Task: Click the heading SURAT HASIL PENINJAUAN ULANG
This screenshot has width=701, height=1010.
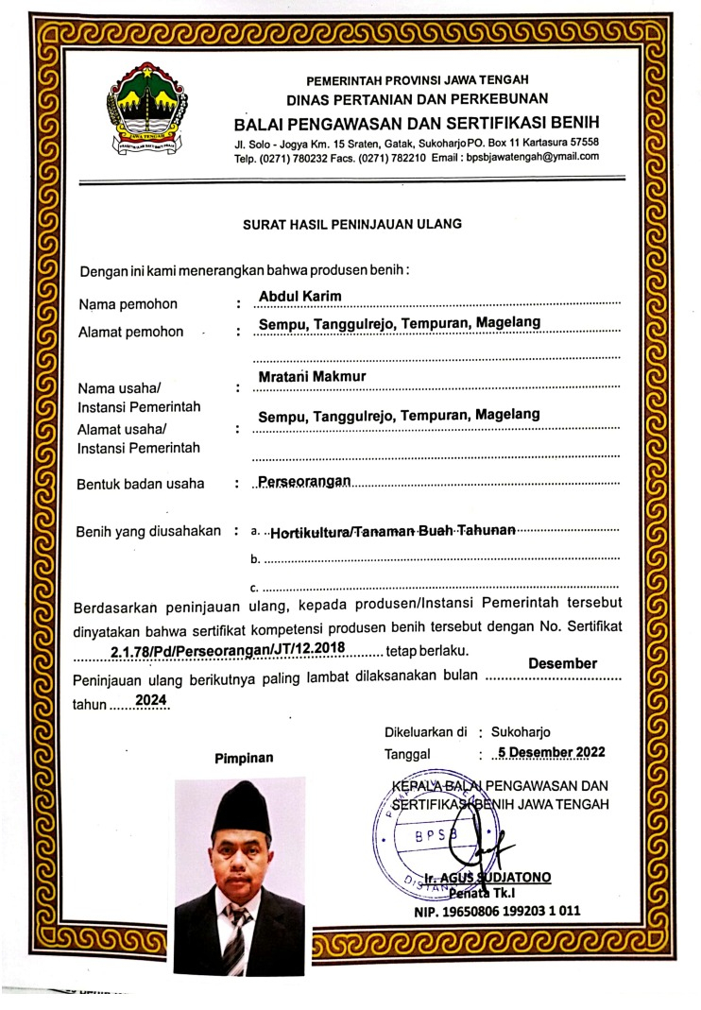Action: pos(352,224)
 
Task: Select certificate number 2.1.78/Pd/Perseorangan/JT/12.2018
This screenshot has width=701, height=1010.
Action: pos(228,650)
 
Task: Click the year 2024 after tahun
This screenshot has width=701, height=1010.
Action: pos(150,700)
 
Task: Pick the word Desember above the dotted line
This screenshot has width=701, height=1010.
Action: pos(562,663)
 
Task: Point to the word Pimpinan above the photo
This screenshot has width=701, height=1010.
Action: pos(244,757)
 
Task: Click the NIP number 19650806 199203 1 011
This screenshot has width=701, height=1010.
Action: pos(496,912)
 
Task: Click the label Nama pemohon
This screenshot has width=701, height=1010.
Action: pos(128,304)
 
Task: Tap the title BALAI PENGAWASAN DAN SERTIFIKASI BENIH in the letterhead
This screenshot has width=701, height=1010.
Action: pos(416,124)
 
